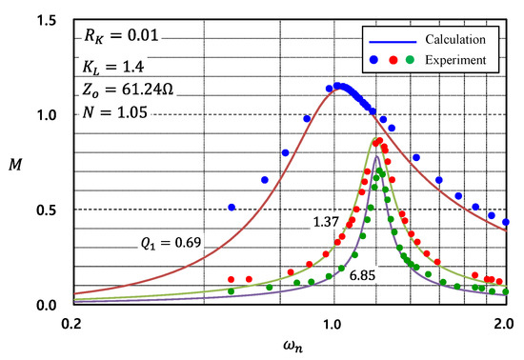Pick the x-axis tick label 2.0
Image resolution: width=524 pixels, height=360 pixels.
point(503,324)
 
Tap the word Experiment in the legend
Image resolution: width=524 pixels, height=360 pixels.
point(455,60)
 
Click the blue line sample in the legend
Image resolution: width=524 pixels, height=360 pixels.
point(388,41)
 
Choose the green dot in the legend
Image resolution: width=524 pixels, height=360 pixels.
point(410,60)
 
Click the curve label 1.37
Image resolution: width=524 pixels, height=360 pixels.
point(327,222)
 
